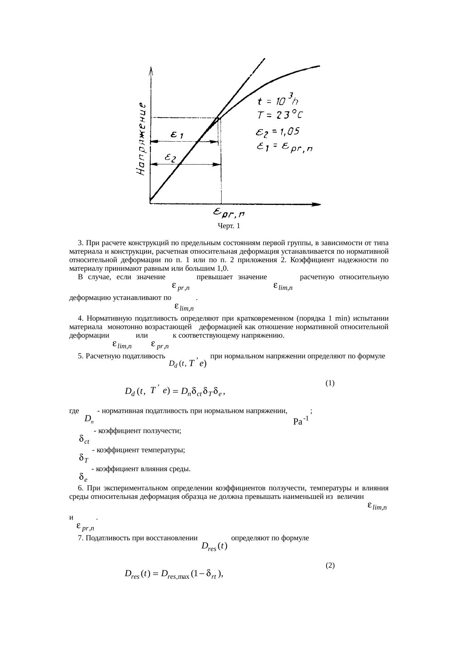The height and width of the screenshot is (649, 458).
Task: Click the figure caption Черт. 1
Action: [x=229, y=226]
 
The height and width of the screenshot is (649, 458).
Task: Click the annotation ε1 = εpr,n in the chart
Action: [x=284, y=147]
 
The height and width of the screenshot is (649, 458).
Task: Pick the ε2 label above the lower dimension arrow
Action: [x=171, y=158]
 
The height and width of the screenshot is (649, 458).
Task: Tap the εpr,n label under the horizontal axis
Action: [x=229, y=213]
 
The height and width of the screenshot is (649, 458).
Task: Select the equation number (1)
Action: [x=330, y=383]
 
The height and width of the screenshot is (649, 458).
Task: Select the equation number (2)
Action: [x=330, y=565]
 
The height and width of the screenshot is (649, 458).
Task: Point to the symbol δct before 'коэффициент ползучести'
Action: [x=84, y=440]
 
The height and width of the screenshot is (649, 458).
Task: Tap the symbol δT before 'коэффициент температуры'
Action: [x=83, y=459]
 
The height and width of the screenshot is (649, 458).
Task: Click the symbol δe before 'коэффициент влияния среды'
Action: [x=83, y=477]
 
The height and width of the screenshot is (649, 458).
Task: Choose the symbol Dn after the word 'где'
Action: [x=89, y=419]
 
